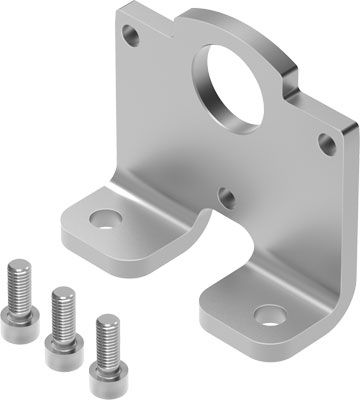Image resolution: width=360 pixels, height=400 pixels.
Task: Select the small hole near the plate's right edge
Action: pyautogui.click(x=326, y=144)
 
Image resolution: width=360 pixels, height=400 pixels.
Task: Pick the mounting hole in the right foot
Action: pyautogui.click(x=267, y=318)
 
